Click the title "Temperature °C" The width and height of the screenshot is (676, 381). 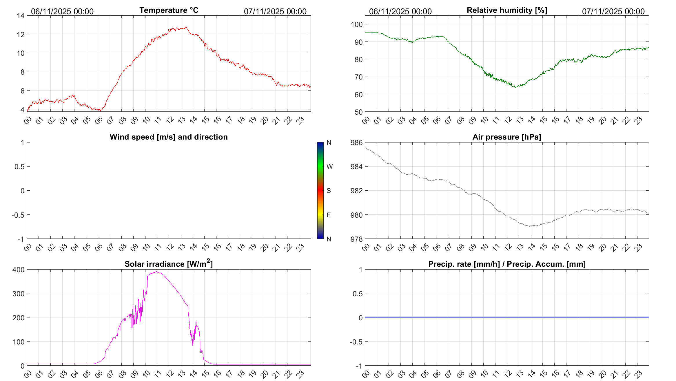[x=169, y=10]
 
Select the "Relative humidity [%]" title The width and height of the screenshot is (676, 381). [x=507, y=10]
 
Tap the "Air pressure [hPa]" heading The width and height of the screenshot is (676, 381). [x=506, y=137]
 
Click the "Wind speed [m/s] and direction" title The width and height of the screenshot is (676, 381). [x=169, y=137]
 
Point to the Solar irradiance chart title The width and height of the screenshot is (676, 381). [x=169, y=264]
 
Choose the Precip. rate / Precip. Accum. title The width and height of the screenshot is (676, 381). [x=507, y=264]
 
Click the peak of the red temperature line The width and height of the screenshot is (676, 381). [x=186, y=27]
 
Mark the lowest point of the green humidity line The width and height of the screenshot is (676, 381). [x=515, y=87]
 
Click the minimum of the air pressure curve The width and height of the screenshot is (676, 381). [x=529, y=227]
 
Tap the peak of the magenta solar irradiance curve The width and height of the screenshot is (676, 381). [x=157, y=272]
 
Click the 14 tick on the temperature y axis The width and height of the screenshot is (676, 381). [x=21, y=16]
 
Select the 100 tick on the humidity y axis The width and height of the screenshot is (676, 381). [x=357, y=24]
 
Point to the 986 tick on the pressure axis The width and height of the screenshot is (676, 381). [x=356, y=142]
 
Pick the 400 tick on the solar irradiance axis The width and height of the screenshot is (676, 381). [x=19, y=270]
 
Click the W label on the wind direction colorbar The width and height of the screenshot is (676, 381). [x=329, y=167]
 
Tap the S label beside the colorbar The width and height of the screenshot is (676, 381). [x=329, y=191]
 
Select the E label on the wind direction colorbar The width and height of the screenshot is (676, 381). [x=329, y=215]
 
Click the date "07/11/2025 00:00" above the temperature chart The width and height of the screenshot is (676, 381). [x=275, y=11]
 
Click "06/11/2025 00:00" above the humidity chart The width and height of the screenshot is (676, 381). [x=400, y=11]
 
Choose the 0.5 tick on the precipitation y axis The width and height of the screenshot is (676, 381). [x=357, y=294]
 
